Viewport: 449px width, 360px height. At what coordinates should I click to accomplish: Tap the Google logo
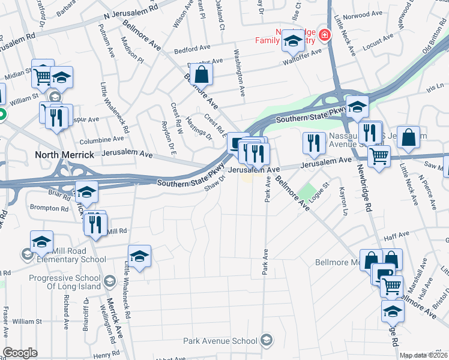pyautogui.click(x=20, y=353)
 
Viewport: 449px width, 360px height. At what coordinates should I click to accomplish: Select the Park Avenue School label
pyautogui.click(x=222, y=341)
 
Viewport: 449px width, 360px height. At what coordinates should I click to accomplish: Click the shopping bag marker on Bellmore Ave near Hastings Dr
pyautogui.click(x=203, y=75)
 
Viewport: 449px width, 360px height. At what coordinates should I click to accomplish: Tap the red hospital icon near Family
pyautogui.click(x=324, y=35)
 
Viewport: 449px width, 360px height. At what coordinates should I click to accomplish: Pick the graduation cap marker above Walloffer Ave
pyautogui.click(x=293, y=41)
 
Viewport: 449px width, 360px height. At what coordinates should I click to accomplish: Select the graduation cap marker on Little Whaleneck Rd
pyautogui.click(x=139, y=256)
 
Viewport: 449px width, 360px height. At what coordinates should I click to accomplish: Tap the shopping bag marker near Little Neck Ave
pyautogui.click(x=408, y=137)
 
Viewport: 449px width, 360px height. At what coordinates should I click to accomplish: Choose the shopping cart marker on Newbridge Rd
pyautogui.click(x=379, y=157)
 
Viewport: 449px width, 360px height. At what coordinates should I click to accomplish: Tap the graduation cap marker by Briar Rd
pyautogui.click(x=86, y=192)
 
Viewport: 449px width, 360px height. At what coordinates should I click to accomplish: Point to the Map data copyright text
pyautogui.click(x=423, y=355)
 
